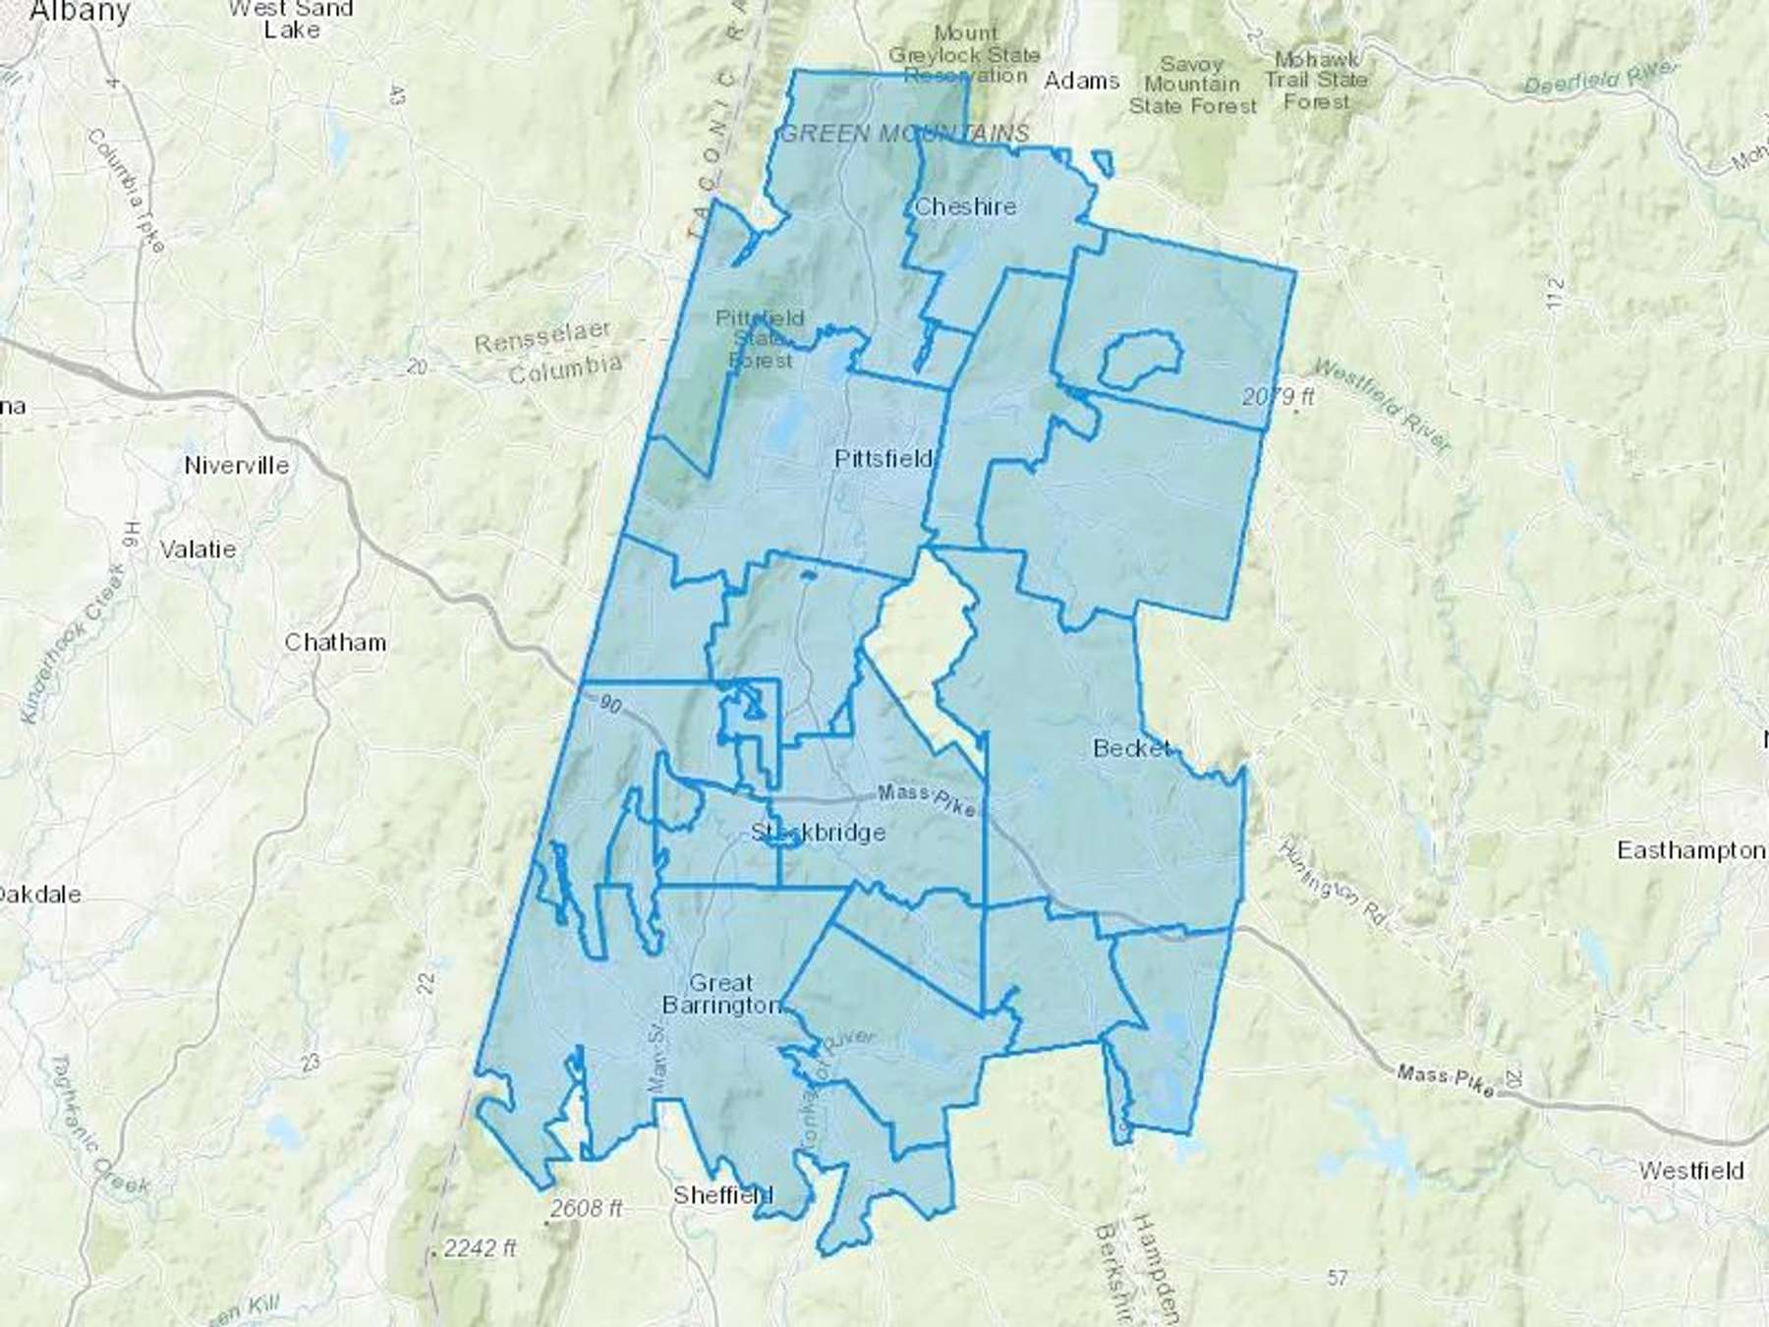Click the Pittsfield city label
click(883, 459)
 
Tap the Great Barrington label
click(721, 994)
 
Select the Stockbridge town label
click(818, 833)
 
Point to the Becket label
click(1132, 748)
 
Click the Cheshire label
click(964, 206)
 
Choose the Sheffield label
click(722, 1195)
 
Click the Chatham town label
click(335, 642)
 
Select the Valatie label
click(198, 548)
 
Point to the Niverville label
click(236, 465)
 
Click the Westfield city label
click(1690, 1171)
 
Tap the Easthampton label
click(1690, 849)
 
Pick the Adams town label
click(1081, 81)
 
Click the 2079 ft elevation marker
click(1278, 397)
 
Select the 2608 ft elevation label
click(586, 1208)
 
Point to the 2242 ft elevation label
click(479, 1249)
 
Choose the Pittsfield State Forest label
click(760, 339)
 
